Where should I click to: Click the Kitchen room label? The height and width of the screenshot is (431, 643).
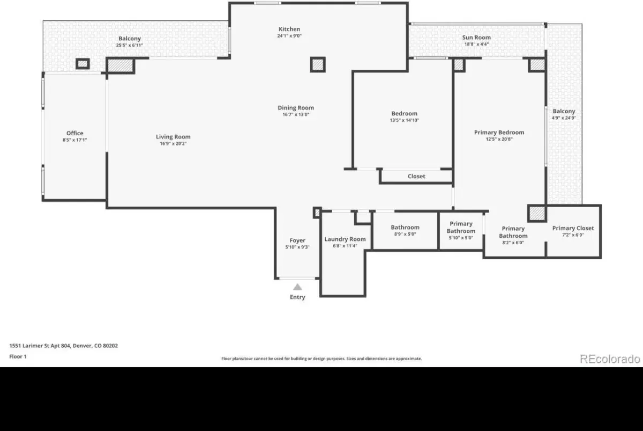(x=289, y=29)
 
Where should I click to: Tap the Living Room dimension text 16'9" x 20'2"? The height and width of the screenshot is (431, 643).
(x=173, y=143)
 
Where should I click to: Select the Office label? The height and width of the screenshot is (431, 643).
(x=74, y=133)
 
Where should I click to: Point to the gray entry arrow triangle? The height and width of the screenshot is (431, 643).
(x=297, y=287)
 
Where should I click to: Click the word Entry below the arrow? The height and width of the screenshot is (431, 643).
(x=297, y=297)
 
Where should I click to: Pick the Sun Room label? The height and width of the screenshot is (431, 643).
(x=476, y=38)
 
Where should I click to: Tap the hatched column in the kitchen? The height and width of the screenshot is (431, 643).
(x=317, y=64)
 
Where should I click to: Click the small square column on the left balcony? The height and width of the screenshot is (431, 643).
(x=83, y=64)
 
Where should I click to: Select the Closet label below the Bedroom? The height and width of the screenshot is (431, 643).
(x=416, y=176)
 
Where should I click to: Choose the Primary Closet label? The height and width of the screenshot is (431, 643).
(x=573, y=228)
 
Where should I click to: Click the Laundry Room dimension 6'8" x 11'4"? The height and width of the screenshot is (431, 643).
(x=345, y=246)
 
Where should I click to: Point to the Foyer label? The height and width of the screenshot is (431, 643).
(x=297, y=240)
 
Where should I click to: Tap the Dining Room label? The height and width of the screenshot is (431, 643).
(x=296, y=108)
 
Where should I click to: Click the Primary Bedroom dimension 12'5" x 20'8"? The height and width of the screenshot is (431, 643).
(x=499, y=139)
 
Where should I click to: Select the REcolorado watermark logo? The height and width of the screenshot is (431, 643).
(x=610, y=359)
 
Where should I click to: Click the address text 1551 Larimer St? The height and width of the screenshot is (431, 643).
(x=29, y=346)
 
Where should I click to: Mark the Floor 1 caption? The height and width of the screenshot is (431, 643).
(x=18, y=356)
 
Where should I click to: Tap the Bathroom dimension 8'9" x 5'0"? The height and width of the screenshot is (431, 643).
(x=405, y=234)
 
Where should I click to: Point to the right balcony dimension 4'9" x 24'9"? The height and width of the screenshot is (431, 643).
(x=564, y=118)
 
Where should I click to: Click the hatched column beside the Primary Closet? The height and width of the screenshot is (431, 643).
(x=537, y=213)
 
